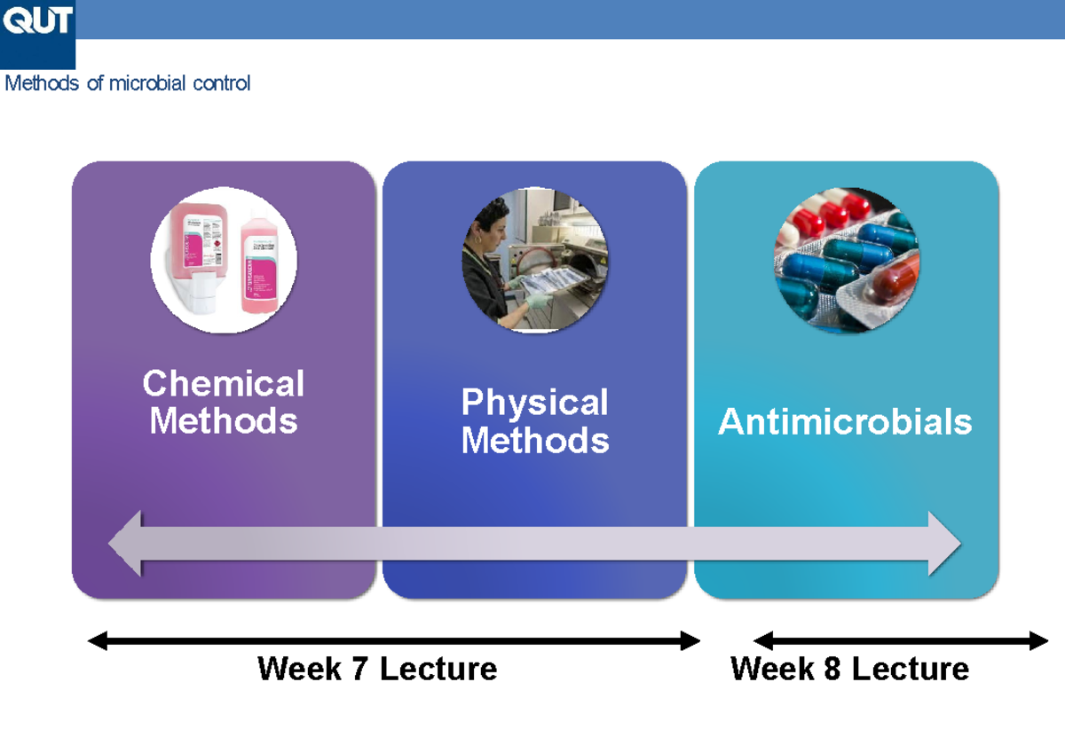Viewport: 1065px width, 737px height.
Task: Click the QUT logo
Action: coord(37,21)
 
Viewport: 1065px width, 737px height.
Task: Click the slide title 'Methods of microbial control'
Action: coord(128,83)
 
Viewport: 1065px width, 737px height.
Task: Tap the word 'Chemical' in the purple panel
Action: coord(223,384)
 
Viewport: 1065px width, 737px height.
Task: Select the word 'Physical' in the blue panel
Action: coord(534,403)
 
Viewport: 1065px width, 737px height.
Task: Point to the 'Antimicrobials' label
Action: coord(845,422)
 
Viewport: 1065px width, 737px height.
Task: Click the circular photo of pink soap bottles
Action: coord(224,261)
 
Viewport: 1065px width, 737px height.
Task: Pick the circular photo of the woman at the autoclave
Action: coord(535,261)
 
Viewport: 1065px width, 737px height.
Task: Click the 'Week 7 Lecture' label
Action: coord(377,669)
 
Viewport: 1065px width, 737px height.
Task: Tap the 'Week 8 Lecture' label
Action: coord(849,669)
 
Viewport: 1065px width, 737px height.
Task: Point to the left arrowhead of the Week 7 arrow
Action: coord(97,640)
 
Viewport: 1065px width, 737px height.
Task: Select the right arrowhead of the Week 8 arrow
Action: coord(1039,640)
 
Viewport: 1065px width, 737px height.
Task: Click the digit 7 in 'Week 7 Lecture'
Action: coord(359,669)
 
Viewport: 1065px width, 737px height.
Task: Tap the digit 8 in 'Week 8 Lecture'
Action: coord(832,669)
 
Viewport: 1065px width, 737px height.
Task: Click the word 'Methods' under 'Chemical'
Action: coord(223,420)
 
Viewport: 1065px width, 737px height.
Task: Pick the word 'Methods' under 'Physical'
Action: coord(535,440)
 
